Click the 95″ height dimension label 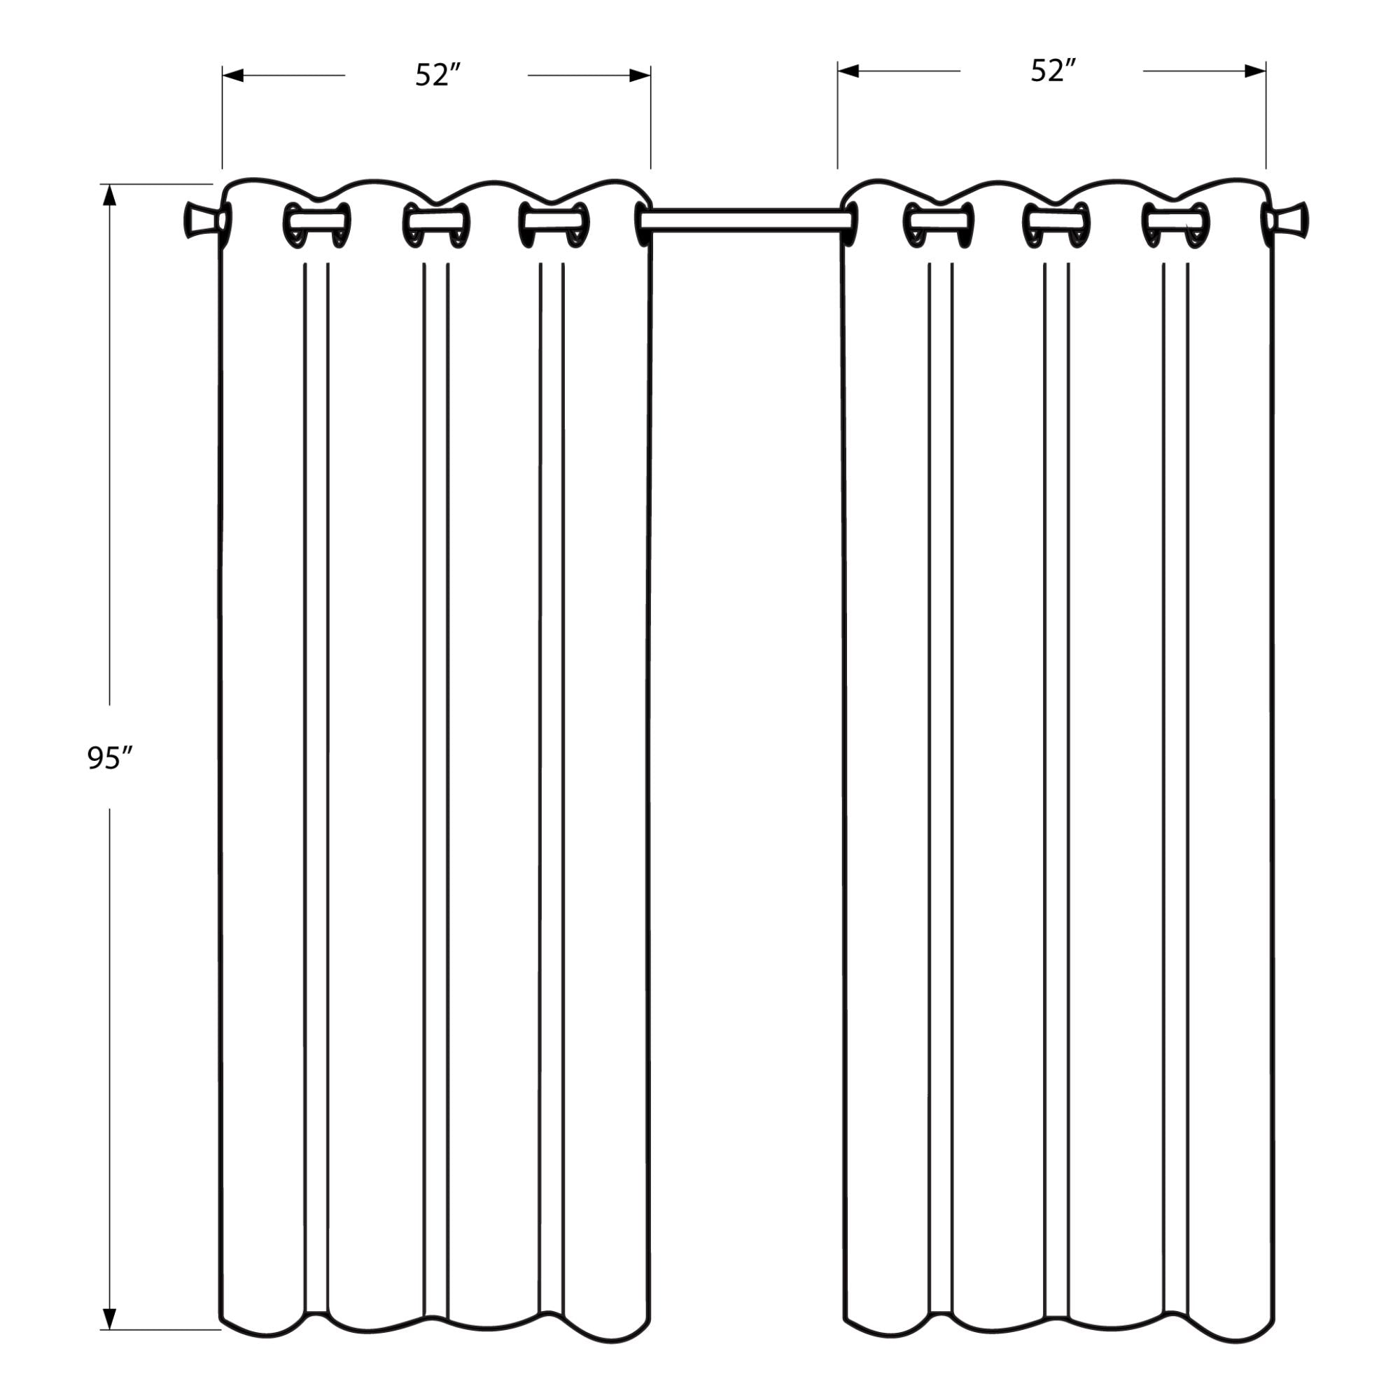click(110, 759)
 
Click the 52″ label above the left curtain click(438, 76)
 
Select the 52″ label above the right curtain click(1053, 71)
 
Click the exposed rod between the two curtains click(745, 220)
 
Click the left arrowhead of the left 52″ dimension click(232, 76)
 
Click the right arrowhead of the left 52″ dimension click(640, 76)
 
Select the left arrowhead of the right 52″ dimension click(848, 71)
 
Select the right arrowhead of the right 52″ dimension click(1255, 71)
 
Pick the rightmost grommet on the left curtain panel click(643, 225)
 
